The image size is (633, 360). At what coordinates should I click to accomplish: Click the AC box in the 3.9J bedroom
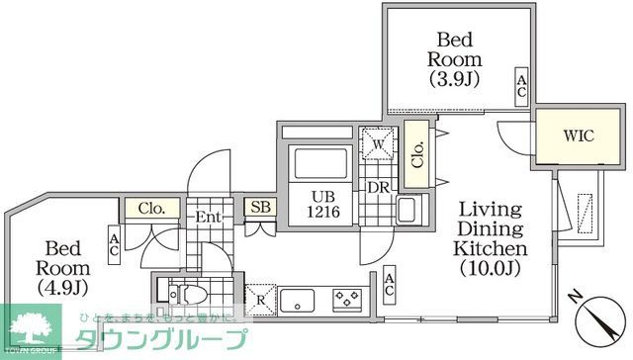pyautogui.click(x=519, y=86)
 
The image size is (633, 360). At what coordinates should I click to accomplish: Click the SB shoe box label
pyautogui.click(x=261, y=208)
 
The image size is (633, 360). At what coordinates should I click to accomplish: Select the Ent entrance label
pyautogui.click(x=210, y=216)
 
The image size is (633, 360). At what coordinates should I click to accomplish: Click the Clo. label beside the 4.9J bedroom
pyautogui.click(x=151, y=210)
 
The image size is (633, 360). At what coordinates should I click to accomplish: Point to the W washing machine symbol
pyautogui.click(x=377, y=144)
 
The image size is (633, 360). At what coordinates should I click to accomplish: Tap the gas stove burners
pyautogui.click(x=346, y=296)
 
